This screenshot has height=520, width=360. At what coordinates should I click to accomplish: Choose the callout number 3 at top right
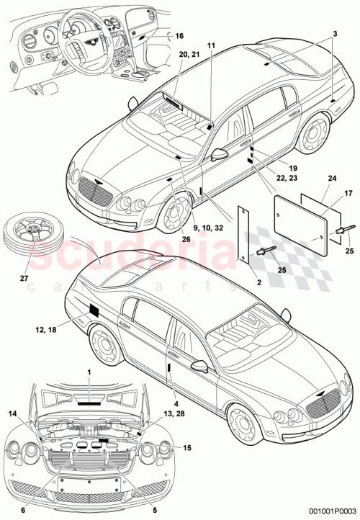(335, 35)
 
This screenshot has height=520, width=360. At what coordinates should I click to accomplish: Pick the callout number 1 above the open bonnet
(89, 372)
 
